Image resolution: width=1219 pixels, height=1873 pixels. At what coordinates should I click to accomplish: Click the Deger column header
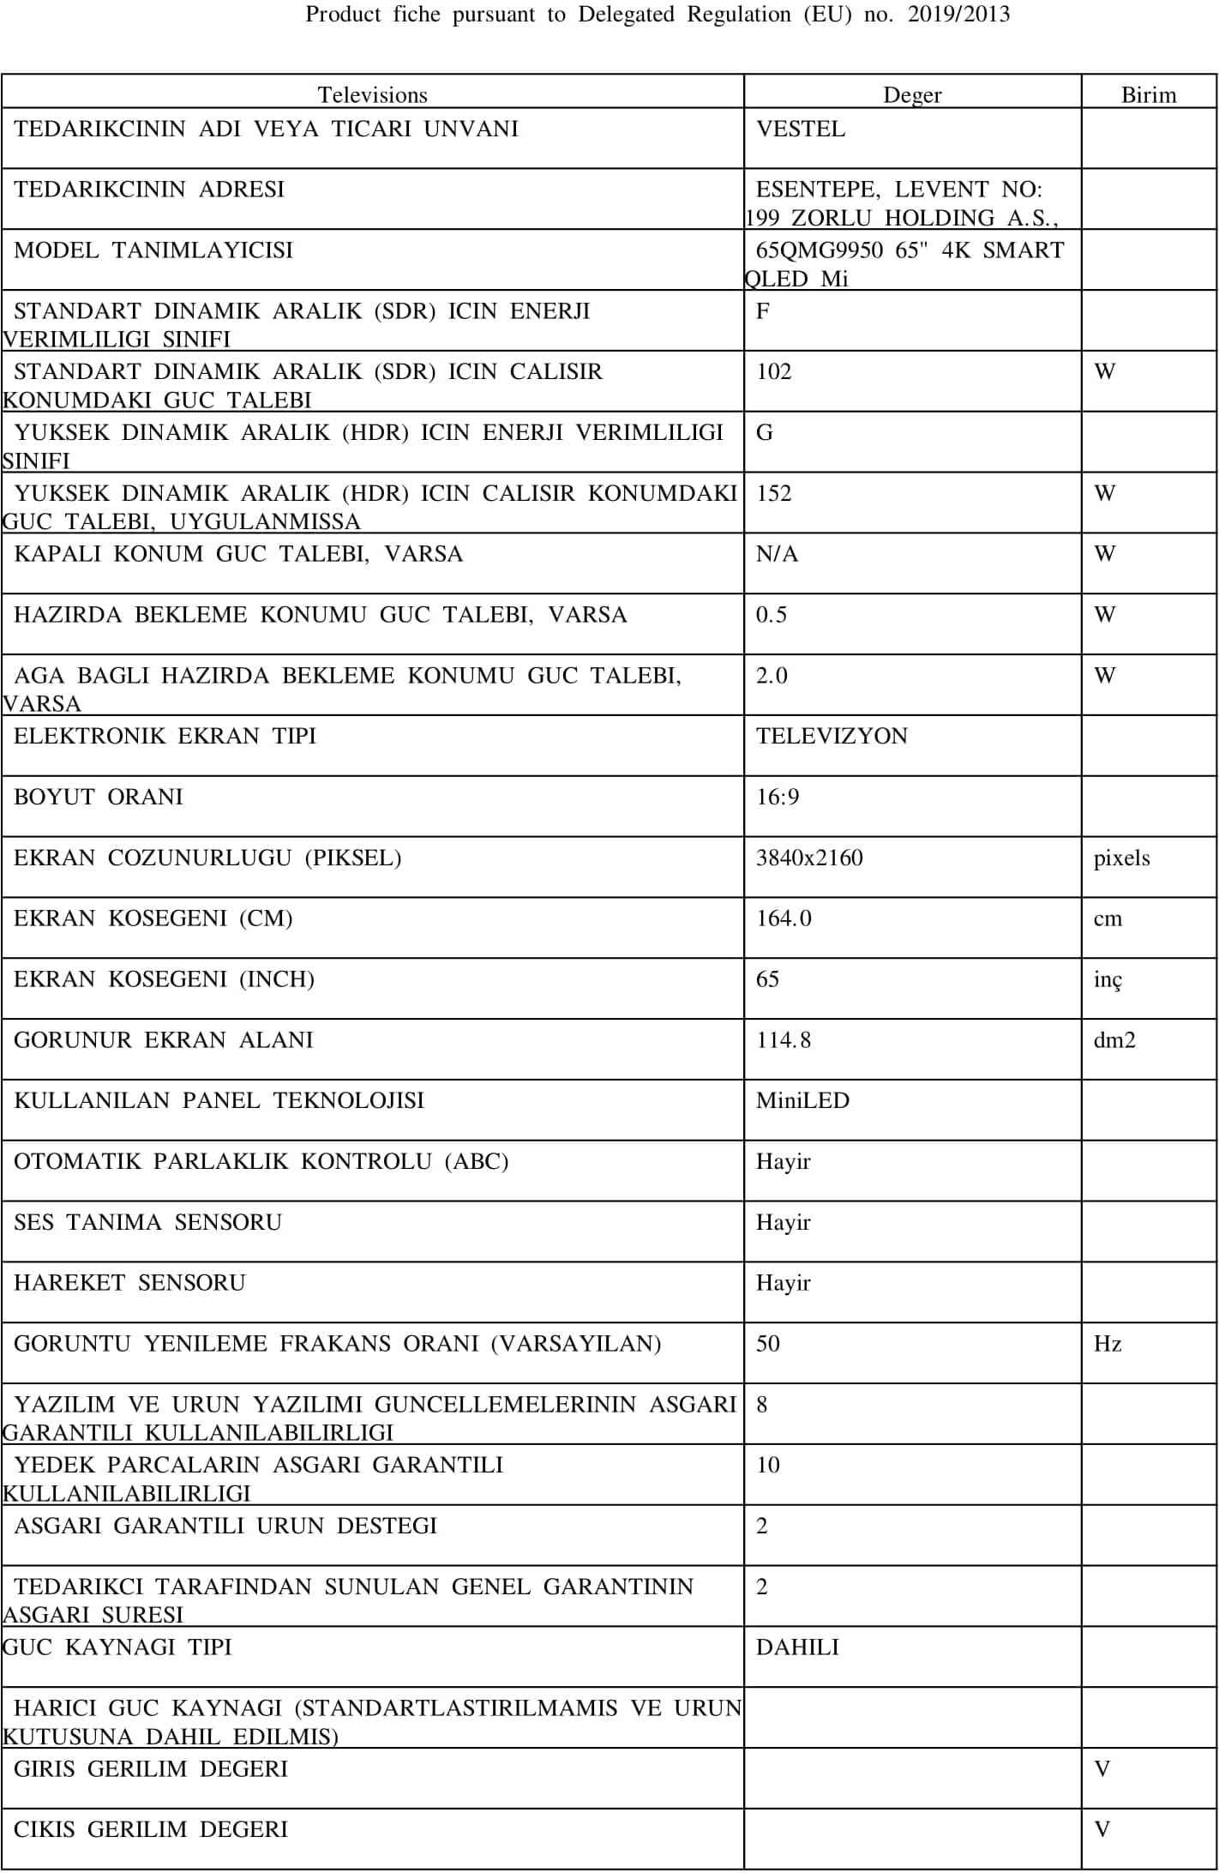(912, 94)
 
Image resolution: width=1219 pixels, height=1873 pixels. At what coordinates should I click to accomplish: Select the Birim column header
(1149, 94)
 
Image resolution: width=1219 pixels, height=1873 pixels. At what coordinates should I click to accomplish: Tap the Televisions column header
(372, 94)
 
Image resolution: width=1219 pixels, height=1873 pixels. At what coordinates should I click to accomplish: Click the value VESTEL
(801, 129)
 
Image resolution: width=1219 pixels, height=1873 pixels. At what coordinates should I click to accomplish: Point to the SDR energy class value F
(763, 310)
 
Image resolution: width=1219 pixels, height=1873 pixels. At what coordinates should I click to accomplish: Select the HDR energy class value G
(765, 432)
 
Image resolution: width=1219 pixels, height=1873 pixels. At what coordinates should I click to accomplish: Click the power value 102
(774, 371)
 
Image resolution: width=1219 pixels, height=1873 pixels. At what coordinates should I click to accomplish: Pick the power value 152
(774, 493)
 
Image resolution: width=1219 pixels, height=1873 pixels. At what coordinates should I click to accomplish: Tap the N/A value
(777, 554)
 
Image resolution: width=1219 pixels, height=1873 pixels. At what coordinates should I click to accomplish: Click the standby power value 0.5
(772, 615)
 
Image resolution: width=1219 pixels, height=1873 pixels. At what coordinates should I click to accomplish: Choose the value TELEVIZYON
(832, 736)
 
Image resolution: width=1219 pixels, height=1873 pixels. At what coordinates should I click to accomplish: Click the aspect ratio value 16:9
(778, 797)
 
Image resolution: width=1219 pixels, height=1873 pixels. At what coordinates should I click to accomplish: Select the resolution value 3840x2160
(809, 858)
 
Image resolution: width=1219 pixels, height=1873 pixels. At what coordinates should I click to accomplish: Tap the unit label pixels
(1122, 858)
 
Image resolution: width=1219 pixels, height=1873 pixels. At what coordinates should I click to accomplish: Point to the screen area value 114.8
(784, 1040)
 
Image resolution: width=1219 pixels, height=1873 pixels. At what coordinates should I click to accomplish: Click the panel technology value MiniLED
(802, 1100)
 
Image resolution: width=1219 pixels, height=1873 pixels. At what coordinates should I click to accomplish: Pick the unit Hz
(1108, 1343)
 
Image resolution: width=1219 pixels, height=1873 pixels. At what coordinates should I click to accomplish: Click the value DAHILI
(797, 1647)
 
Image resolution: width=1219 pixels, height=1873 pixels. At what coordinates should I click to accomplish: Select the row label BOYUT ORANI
(99, 797)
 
